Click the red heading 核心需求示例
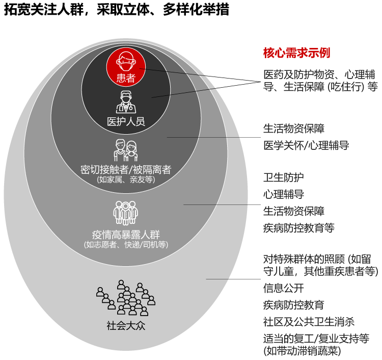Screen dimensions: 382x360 click(296, 53)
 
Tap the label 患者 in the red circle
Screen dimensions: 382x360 click(126, 78)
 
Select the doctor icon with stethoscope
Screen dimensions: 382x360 click(126, 102)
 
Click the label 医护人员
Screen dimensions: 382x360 click(126, 121)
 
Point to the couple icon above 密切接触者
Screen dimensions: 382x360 click(126, 150)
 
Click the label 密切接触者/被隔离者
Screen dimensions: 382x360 click(126, 169)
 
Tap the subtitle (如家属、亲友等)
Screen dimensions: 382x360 click(126, 179)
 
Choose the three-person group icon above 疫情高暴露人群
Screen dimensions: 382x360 click(125, 213)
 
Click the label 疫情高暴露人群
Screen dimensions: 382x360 click(126, 235)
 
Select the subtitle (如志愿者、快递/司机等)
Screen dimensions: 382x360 click(126, 244)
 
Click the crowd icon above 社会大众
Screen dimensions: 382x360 click(126, 298)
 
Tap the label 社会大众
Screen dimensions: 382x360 click(126, 326)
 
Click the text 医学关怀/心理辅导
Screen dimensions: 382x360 click(306, 146)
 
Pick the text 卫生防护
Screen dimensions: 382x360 click(283, 177)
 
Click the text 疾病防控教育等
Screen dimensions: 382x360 click(298, 228)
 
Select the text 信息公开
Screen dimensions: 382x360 click(283, 288)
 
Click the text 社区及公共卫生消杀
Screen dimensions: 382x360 click(309, 322)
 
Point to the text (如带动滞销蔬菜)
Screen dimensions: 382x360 click(302, 351)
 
